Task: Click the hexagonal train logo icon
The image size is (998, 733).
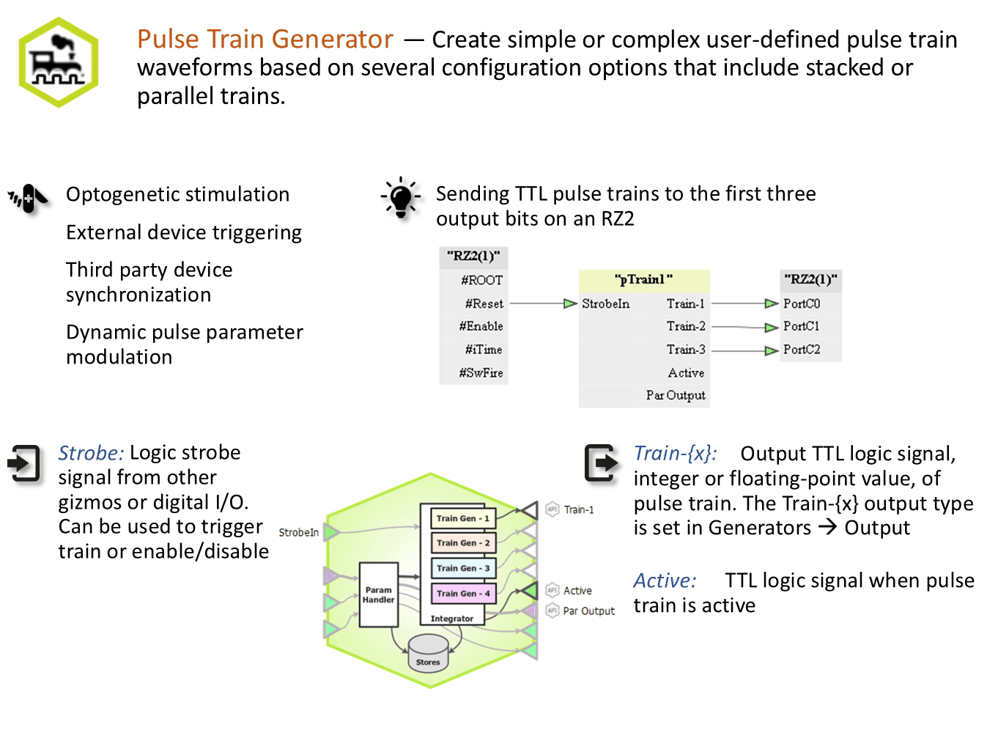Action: click(x=59, y=62)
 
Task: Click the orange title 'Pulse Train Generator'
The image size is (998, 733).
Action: click(x=265, y=39)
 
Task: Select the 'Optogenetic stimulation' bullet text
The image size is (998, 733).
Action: click(x=178, y=195)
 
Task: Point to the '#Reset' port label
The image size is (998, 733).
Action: click(x=484, y=304)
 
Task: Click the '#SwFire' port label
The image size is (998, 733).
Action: click(x=481, y=373)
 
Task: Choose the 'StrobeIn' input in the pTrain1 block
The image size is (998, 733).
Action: click(x=605, y=304)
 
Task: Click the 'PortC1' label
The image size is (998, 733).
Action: click(x=802, y=327)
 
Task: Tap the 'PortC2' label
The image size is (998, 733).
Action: click(x=802, y=350)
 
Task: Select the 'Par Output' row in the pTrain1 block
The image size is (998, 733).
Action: click(x=676, y=396)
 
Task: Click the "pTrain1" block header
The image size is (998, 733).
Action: click(x=644, y=280)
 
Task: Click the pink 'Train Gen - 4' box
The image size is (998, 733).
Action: click(x=463, y=594)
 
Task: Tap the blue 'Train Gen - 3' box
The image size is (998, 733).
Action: click(x=463, y=569)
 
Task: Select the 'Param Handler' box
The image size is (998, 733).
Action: click(x=379, y=595)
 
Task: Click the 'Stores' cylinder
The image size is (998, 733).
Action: click(x=429, y=654)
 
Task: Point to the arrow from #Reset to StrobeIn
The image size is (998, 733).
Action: click(x=544, y=304)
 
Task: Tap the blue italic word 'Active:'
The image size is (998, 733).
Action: click(x=665, y=581)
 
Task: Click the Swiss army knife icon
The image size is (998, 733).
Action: click(x=29, y=199)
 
